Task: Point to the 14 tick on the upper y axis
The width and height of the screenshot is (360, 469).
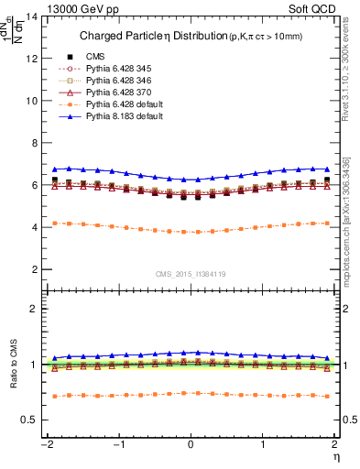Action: (37, 16)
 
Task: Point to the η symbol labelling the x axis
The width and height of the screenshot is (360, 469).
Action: (335, 455)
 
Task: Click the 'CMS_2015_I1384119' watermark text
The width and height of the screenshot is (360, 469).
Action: (191, 274)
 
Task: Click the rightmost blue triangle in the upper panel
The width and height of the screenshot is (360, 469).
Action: (326, 169)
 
